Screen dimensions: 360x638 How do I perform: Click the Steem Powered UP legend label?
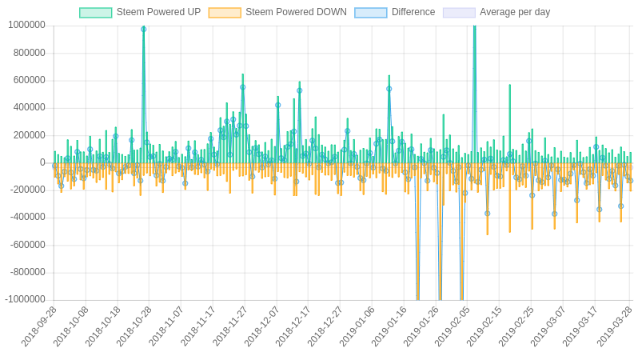[158, 12]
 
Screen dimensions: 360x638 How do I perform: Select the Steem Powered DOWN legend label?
[296, 12]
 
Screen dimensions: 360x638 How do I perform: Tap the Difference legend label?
[413, 12]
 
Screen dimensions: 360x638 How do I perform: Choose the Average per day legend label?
[515, 12]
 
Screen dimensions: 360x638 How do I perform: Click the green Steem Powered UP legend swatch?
[96, 13]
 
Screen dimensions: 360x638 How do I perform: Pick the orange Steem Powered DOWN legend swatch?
[225, 13]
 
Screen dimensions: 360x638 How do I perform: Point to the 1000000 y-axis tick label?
[26, 26]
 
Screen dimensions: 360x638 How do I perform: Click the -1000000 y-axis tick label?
[25, 300]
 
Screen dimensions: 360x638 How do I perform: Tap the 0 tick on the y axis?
[42, 162]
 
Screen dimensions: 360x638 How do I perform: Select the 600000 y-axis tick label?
[30, 80]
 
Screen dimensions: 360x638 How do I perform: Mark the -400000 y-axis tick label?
[28, 218]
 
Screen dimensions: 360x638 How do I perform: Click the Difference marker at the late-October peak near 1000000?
[144, 30]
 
